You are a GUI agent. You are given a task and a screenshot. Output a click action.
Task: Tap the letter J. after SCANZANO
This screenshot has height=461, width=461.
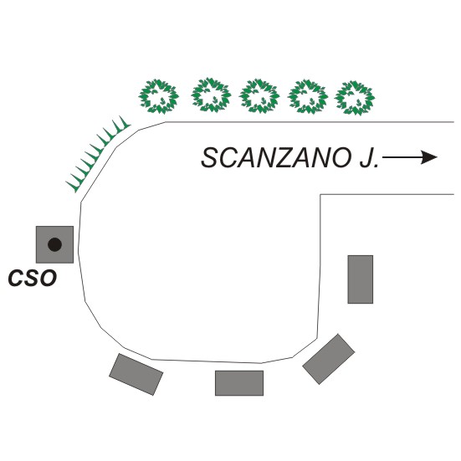(369, 158)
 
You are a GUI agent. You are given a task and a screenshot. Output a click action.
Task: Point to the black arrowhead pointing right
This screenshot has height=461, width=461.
(429, 157)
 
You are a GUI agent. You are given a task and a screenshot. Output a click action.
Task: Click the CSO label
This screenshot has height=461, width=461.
(33, 278)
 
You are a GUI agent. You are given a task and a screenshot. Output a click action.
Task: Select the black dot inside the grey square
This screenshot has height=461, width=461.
(54, 244)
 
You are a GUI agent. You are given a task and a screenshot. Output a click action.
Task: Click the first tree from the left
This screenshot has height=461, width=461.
(158, 96)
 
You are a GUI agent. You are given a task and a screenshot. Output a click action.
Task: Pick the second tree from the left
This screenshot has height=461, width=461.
(211, 95)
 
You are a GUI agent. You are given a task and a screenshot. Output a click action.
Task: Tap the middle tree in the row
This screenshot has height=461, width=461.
(259, 96)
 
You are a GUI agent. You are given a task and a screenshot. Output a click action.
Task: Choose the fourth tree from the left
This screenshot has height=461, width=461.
(308, 97)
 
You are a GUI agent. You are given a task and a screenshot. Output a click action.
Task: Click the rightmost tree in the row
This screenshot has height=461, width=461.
(355, 98)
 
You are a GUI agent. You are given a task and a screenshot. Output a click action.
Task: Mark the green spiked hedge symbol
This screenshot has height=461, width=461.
(97, 154)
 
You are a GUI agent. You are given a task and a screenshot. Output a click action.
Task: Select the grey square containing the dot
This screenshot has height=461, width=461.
(54, 244)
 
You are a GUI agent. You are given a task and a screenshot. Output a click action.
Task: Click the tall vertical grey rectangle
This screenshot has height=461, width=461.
(361, 279)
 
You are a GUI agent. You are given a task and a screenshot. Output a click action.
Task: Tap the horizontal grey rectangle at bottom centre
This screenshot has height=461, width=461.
(239, 383)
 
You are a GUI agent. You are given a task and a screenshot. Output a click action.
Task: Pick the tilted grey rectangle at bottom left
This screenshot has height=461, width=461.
(136, 374)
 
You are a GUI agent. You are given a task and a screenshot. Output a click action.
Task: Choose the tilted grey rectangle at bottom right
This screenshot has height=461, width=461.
(329, 359)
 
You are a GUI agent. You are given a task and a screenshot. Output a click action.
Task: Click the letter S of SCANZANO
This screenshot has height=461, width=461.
(210, 158)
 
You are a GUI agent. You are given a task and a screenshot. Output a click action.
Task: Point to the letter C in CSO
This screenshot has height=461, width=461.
(16, 278)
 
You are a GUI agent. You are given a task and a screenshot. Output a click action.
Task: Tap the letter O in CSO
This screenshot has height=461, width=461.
(49, 278)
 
